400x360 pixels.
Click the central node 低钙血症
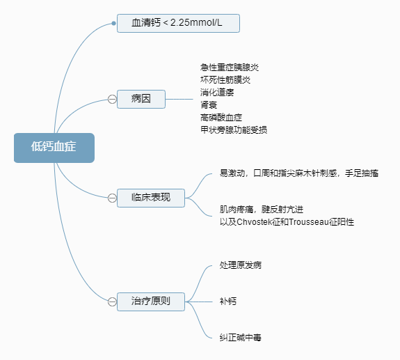tap(54, 148)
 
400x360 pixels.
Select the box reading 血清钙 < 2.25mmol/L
tap(178, 23)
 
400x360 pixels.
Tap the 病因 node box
tap(141, 99)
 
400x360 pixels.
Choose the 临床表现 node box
tap(151, 198)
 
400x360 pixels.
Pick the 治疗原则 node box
tap(151, 302)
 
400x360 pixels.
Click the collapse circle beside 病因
tap(112, 99)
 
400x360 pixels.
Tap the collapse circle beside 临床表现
tap(112, 198)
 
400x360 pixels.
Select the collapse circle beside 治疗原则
tap(112, 302)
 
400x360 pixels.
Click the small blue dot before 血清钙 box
tap(114, 23)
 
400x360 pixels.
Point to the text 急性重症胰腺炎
tap(230, 68)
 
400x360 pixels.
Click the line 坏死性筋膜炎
tap(225, 80)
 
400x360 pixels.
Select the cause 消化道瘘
tap(217, 93)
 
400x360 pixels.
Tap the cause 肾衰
tap(209, 105)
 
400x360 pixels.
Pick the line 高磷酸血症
tap(221, 118)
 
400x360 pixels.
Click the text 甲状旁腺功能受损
tap(234, 130)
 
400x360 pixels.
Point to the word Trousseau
tap(309, 222)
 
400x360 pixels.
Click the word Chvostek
tap(254, 222)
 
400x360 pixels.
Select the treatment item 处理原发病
tap(241, 265)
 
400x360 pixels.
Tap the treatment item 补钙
tap(228, 302)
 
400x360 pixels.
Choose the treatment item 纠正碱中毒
tap(241, 338)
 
